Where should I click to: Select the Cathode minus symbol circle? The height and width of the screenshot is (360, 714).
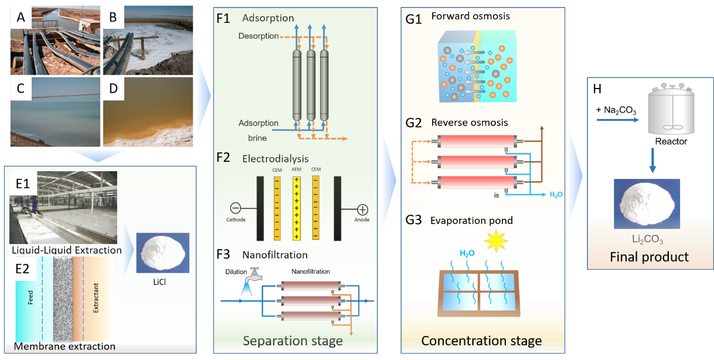[236, 208]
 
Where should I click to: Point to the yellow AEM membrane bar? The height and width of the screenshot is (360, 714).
[297, 208]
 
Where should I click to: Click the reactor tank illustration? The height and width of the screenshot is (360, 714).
[670, 111]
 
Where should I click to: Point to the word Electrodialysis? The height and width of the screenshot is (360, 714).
[275, 158]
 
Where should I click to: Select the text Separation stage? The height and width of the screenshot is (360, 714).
[284, 341]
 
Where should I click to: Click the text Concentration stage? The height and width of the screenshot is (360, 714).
[481, 341]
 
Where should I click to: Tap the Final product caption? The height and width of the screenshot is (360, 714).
[649, 257]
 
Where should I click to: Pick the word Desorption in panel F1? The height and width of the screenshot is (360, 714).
[259, 36]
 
